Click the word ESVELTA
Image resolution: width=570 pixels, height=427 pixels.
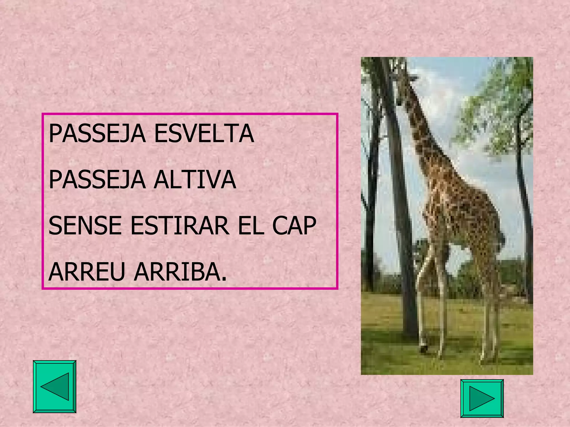pos(204,134)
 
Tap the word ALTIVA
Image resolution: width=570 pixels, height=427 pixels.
pos(195,180)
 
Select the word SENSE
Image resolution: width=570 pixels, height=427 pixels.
pos(85,225)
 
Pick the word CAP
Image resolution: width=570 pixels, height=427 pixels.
pos(294,225)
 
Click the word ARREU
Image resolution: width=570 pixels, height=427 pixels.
pos(87,272)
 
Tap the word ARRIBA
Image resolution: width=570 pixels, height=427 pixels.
pos(177,272)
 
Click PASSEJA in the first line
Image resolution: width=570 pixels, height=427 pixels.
pos(97,134)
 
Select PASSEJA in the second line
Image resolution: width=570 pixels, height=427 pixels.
pos(97,180)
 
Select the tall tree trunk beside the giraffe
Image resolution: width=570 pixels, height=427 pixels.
pos(398,222)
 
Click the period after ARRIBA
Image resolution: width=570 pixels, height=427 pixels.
pos(224,279)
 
